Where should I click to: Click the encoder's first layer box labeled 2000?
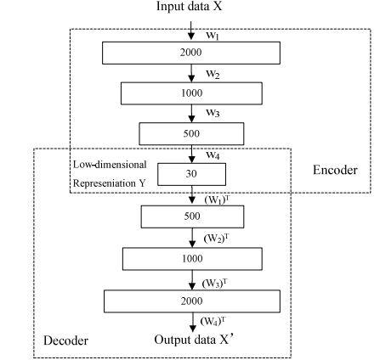click(x=191, y=53)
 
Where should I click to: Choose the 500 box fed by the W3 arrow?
click(x=191, y=132)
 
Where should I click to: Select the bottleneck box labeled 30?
click(x=191, y=173)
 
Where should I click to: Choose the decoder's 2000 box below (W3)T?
click(x=191, y=301)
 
